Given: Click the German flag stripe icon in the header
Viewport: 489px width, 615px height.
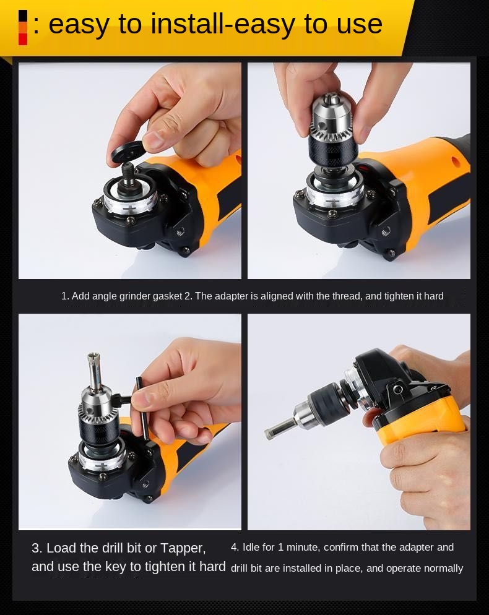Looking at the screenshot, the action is click(x=23, y=27).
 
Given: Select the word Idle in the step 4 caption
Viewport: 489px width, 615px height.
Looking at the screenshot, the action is click(x=251, y=547).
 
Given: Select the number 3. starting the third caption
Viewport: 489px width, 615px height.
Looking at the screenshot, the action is click(x=37, y=548).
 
